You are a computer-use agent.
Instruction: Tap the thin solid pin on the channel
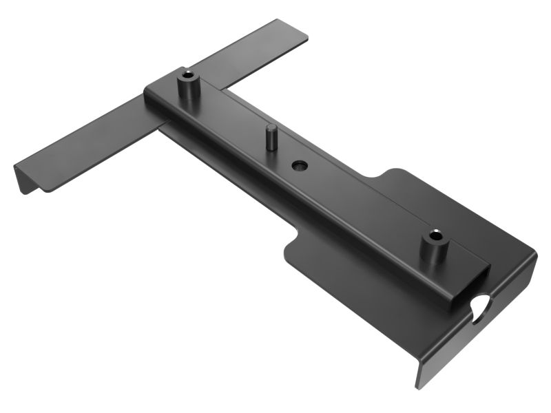coord(273,138)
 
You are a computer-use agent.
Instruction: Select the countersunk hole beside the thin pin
coord(299,166)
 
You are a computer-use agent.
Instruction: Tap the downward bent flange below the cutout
coord(448,351)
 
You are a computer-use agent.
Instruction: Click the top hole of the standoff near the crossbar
coord(187,74)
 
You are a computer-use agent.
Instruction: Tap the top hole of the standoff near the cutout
coord(434,235)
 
